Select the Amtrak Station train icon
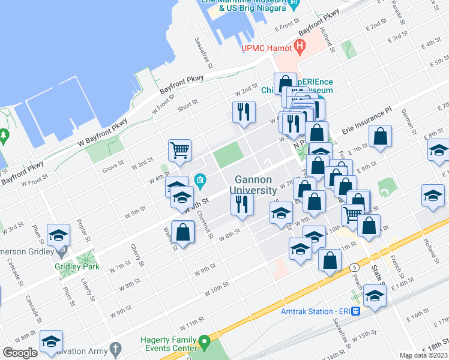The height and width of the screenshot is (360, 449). pos(356,311)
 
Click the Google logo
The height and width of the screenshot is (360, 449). pos(20,352)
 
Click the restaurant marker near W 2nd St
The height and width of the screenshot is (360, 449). pos(244,112)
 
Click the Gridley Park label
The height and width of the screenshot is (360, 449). pos(76,266)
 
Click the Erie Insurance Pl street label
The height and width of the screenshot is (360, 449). pos(366,120)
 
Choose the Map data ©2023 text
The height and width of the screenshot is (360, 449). pos(423,355)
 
